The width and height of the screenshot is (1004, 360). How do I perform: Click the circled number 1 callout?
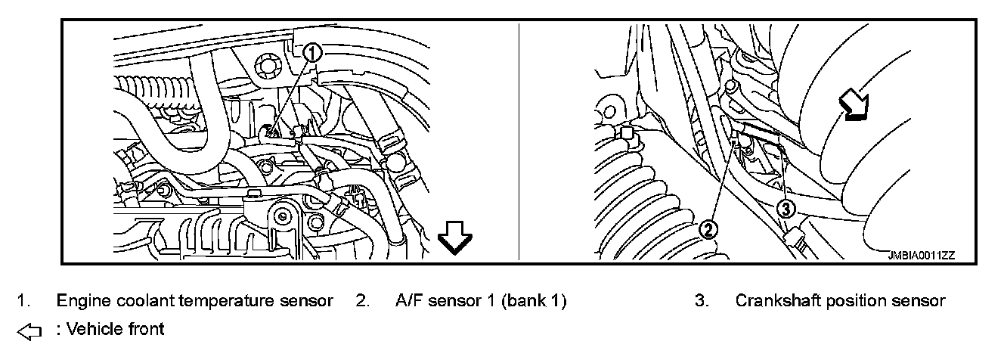coord(313,52)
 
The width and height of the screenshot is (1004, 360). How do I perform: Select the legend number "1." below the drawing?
coord(24,301)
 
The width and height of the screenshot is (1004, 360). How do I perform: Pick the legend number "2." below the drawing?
coord(362,301)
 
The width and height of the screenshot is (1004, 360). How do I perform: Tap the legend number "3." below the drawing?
coord(702,301)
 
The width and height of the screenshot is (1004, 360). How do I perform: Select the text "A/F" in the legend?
coord(410,301)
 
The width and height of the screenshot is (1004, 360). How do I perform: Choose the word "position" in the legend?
coord(857,301)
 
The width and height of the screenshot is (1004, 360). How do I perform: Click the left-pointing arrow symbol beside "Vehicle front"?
coord(28,331)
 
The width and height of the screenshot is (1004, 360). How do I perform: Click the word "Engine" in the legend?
coord(80,301)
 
